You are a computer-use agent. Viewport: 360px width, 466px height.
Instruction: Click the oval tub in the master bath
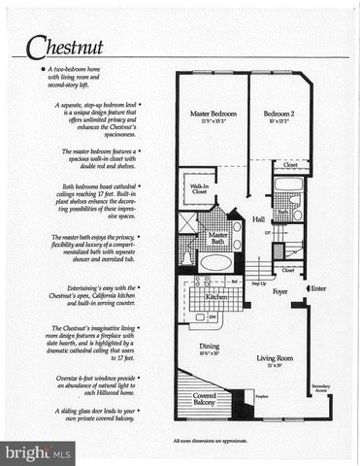(x=216, y=262)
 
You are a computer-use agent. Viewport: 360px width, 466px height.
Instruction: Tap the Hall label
(x=258, y=220)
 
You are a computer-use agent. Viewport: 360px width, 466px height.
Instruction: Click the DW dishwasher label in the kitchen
(x=213, y=317)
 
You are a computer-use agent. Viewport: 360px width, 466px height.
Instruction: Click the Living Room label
(x=274, y=359)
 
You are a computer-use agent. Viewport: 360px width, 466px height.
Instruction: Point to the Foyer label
(x=280, y=290)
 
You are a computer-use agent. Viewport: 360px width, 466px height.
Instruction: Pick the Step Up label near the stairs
(x=260, y=284)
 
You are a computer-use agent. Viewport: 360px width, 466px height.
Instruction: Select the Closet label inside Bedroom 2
(x=290, y=165)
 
